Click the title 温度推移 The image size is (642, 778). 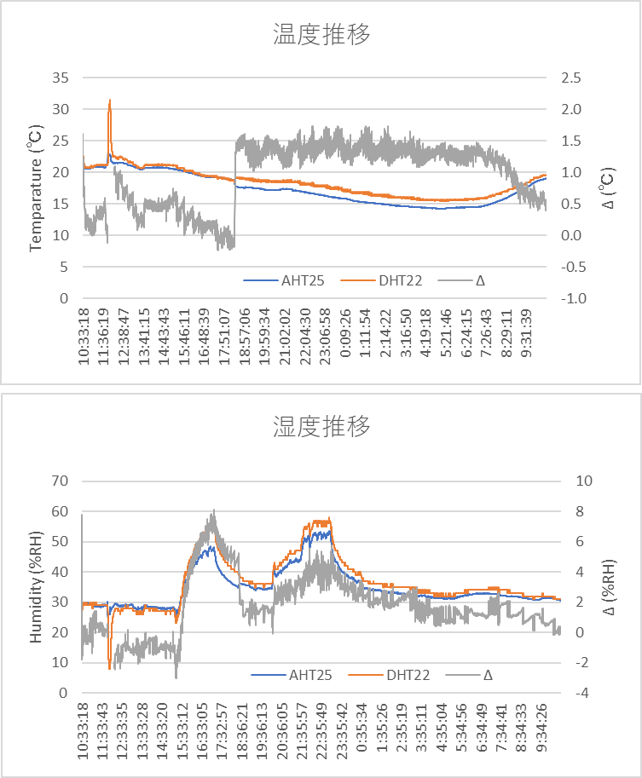tap(321, 35)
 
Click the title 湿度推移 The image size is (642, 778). tap(321, 426)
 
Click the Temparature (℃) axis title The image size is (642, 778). tap(36, 188)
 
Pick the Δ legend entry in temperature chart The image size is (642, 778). tap(480, 279)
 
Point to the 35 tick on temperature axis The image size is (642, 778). tap(60, 78)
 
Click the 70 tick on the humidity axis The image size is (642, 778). tap(60, 481)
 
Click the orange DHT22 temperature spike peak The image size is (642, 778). tap(110, 101)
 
